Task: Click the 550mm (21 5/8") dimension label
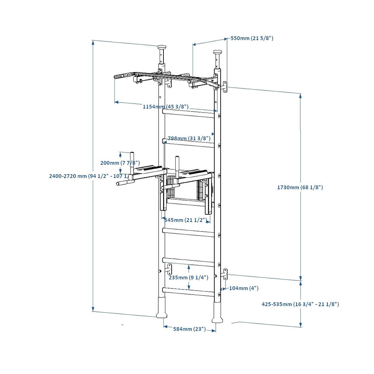tap(252, 38)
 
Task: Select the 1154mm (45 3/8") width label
tap(165, 107)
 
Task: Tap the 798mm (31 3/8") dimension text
tap(189, 138)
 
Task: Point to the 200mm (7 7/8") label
tap(120, 163)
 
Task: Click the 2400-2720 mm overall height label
tap(89, 176)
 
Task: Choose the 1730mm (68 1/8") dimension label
tap(300, 187)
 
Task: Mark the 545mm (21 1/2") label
tap(186, 220)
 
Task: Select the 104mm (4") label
tap(243, 288)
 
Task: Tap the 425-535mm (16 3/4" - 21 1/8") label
tap(300, 304)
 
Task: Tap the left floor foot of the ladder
tap(161, 307)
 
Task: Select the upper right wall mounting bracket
tap(225, 86)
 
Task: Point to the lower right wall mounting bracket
tap(225, 275)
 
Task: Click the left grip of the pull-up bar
tap(121, 77)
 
